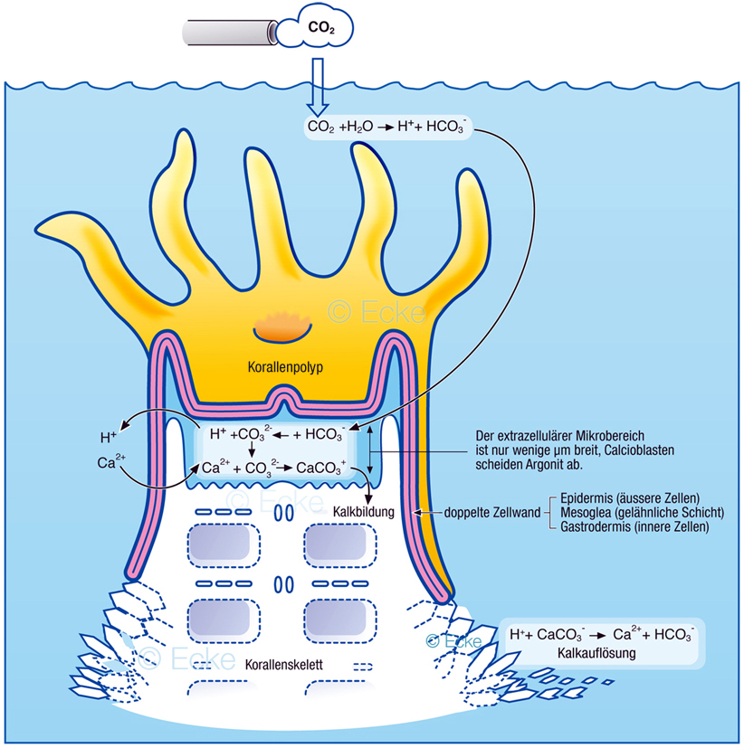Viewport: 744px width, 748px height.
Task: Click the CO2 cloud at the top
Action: [318, 28]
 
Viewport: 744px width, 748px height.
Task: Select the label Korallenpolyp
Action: [285, 369]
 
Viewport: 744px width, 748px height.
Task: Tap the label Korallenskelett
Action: [283, 665]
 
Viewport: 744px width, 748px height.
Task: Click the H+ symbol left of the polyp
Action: [109, 438]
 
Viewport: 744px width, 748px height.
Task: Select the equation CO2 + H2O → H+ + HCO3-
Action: [387, 128]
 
